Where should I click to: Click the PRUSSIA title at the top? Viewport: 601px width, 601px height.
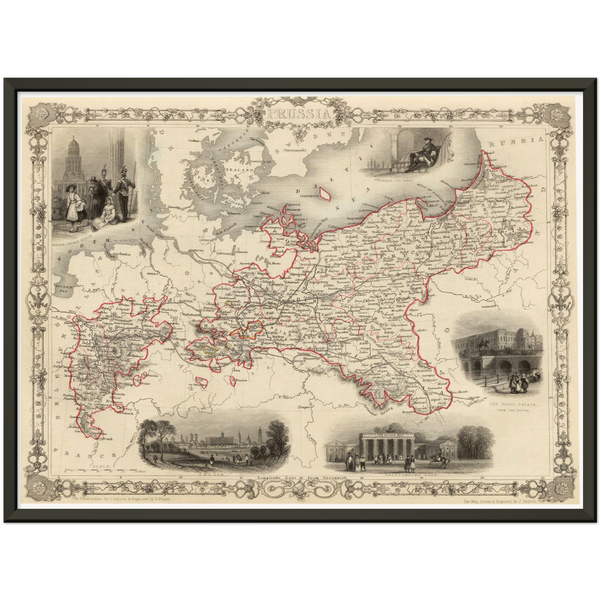pos(299,113)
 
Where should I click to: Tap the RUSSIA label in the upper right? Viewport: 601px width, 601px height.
pos(516,142)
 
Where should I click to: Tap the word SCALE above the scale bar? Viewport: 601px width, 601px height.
pos(102,467)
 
